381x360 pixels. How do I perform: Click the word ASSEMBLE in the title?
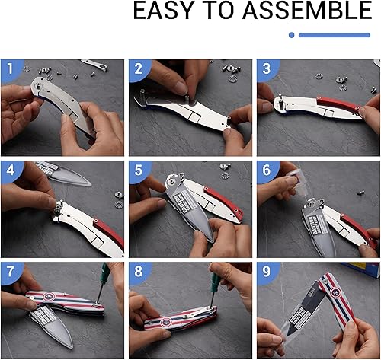(308, 11)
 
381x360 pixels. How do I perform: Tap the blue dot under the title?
(292, 35)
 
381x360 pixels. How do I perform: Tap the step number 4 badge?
(11, 171)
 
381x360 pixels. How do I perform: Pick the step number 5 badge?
(139, 171)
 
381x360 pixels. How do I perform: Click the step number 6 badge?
(267, 171)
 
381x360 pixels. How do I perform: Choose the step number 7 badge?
(11, 272)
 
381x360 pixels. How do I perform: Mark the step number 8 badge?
(139, 272)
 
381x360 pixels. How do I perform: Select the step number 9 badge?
(267, 272)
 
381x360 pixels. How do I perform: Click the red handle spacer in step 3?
(338, 103)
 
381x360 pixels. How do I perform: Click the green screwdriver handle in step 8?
(216, 284)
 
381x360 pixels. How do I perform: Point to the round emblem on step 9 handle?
(336, 292)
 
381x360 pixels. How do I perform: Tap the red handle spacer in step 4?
(108, 232)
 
